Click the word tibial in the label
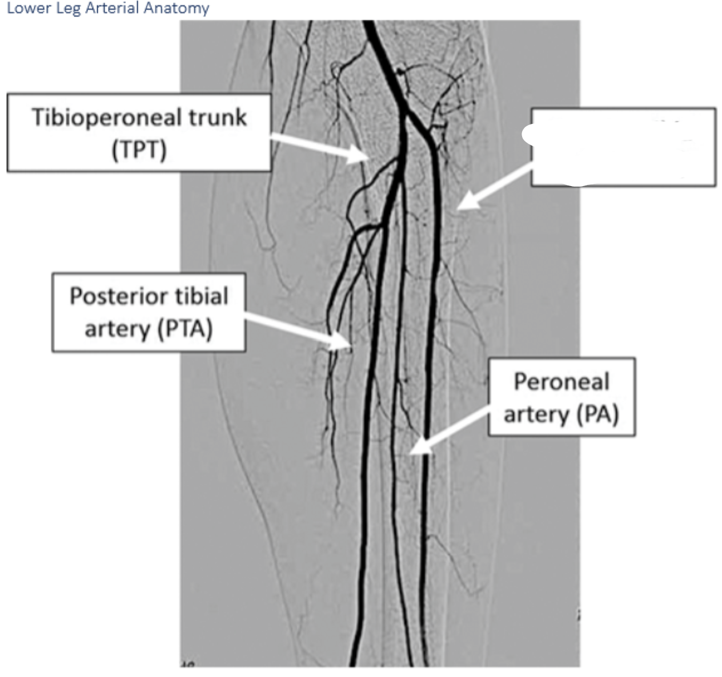pyautogui.click(x=202, y=296)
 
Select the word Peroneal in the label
pyautogui.click(x=561, y=381)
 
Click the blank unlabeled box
pyautogui.click(x=623, y=147)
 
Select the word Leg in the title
pyautogui.click(x=68, y=9)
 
